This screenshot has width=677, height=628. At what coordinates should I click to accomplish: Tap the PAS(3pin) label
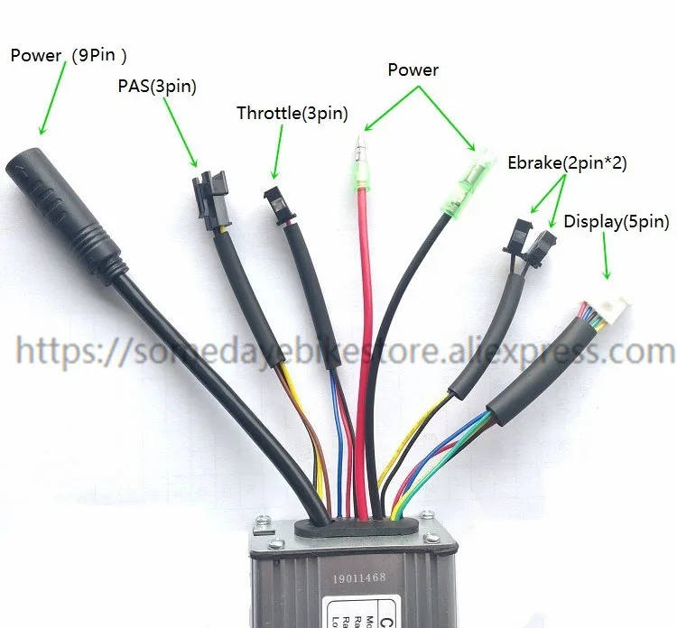coord(156,87)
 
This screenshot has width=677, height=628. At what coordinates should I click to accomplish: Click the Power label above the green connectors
coord(413,69)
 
